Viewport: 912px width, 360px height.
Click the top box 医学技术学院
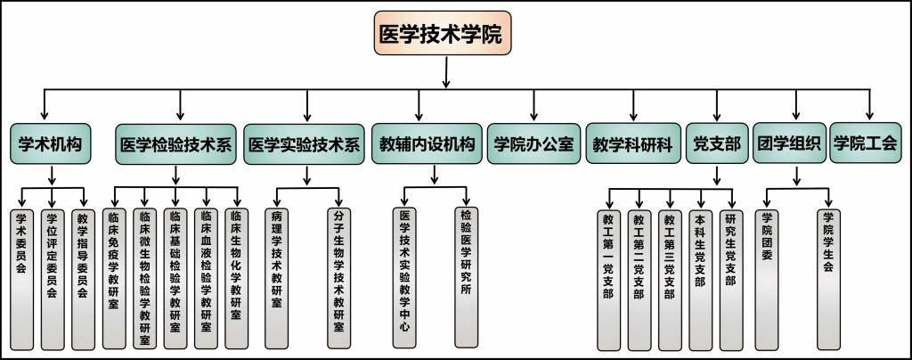(442, 33)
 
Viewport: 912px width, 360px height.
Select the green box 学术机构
(51, 143)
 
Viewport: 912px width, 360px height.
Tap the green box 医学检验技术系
(175, 144)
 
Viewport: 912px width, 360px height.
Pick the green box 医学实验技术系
(305, 144)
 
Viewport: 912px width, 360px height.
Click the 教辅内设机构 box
(427, 143)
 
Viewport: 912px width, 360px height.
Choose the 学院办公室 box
(534, 143)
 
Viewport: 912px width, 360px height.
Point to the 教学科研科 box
(633, 143)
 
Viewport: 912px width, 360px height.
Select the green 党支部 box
(717, 143)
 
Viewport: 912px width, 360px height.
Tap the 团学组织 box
(789, 143)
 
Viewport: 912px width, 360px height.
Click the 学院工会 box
(865, 143)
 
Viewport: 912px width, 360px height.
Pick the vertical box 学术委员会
(21, 279)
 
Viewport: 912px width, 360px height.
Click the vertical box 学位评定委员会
(53, 279)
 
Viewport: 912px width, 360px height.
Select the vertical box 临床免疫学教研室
(114, 278)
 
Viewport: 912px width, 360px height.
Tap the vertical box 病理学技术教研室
(276, 278)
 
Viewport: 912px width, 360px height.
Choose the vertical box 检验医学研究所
(466, 277)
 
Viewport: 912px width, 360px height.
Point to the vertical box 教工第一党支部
(608, 281)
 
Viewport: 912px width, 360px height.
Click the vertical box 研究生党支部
(731, 281)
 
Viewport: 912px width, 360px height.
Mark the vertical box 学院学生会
(828, 280)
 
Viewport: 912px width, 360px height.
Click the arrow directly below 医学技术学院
(445, 72)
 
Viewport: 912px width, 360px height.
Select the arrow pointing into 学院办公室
(534, 105)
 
